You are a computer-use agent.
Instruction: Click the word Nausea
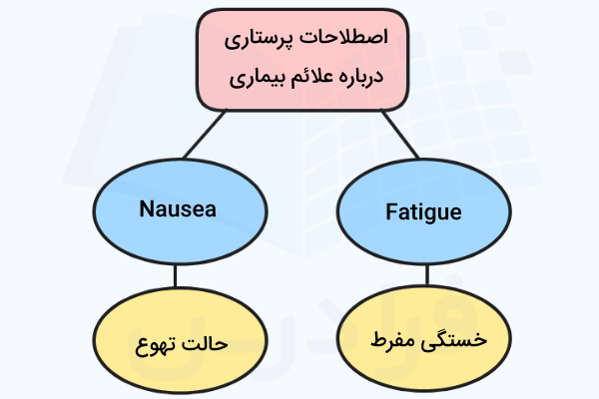178,208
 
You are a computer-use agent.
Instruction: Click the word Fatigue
423,212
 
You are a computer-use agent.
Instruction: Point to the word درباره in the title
359,77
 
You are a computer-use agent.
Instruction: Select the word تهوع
157,345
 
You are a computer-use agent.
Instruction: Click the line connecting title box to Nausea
205,135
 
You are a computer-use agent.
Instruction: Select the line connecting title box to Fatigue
400,134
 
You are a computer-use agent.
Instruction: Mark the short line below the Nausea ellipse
176,275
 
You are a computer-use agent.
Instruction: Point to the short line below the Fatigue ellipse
427,275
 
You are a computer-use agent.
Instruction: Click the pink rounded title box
302,60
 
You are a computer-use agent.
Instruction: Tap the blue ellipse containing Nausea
180,211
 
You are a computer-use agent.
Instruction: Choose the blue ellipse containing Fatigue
424,211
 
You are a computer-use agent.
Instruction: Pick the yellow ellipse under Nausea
180,340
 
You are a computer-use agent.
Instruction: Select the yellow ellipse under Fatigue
424,338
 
